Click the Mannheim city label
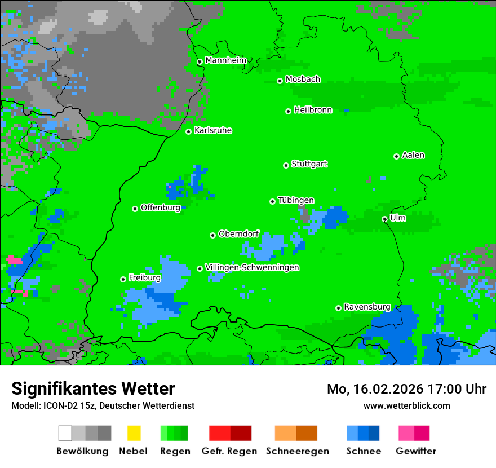point(225,60)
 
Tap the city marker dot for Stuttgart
point(286,165)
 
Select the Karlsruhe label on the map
point(212,130)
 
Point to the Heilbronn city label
point(313,110)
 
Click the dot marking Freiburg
point(123,279)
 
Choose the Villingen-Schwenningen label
point(252,267)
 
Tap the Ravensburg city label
point(367,307)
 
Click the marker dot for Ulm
point(384,219)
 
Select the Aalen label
point(413,155)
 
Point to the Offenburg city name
point(160,207)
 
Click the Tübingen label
point(296,200)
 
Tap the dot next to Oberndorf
point(212,235)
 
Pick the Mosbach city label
point(303,80)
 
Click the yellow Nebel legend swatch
point(134,433)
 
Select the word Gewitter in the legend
point(415,451)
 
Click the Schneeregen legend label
point(297,451)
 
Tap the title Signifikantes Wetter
point(93,389)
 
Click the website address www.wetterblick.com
point(406,405)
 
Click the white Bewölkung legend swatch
point(65,433)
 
